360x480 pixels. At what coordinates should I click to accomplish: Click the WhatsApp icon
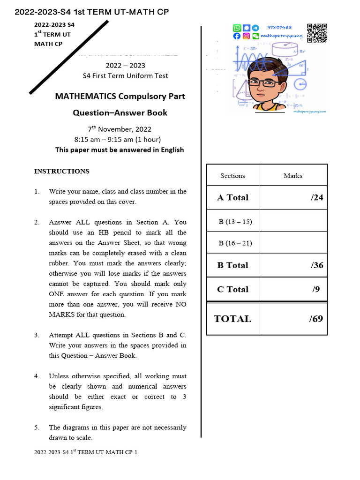[237, 28]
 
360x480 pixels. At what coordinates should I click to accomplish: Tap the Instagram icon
[246, 36]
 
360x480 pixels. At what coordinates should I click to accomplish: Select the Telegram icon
[255, 28]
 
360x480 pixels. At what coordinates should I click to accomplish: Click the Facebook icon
[237, 36]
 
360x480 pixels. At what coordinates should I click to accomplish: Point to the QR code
[316, 32]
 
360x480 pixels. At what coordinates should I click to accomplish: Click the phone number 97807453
[279, 28]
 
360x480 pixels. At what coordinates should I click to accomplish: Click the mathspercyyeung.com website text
[309, 112]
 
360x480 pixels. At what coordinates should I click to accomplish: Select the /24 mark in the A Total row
[317, 197]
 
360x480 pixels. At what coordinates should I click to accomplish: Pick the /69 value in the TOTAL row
[316, 319]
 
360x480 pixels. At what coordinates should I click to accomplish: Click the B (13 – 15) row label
[235, 222]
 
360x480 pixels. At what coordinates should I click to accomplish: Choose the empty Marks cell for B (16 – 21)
[293, 243]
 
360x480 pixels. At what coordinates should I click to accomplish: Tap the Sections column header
[232, 176]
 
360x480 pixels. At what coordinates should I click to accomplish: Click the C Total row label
[232, 289]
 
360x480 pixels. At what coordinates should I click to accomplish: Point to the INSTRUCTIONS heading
[61, 171]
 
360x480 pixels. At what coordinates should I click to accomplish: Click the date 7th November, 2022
[120, 129]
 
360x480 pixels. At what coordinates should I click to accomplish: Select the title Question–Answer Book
[120, 112]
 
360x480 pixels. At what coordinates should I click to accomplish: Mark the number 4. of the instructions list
[37, 376]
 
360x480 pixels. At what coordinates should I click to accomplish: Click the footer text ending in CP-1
[86, 452]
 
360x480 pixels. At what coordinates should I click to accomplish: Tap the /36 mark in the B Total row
[317, 265]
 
